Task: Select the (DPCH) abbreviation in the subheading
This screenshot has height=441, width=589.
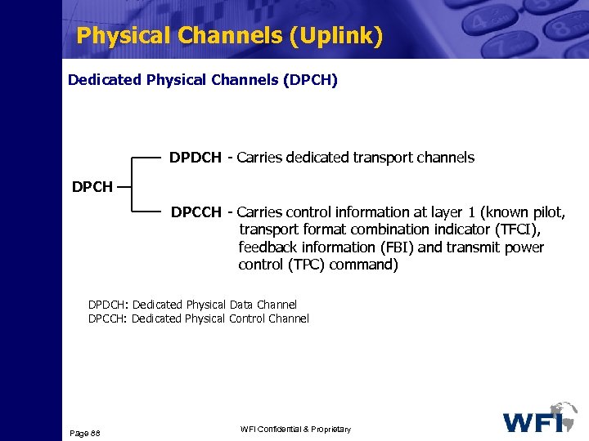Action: (308, 80)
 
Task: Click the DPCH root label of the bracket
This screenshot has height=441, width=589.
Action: (92, 187)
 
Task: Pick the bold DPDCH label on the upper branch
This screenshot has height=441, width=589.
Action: (195, 158)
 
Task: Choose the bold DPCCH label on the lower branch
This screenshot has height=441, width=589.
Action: (196, 213)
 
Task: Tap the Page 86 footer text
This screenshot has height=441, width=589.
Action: (84, 430)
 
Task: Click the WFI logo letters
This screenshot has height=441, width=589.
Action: (532, 422)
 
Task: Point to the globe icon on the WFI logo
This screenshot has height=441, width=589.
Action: (564, 413)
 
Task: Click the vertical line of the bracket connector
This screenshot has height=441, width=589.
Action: (132, 185)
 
